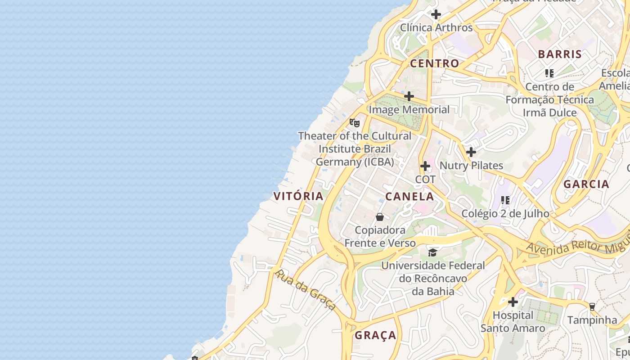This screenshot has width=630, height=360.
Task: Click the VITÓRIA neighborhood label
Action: pos(298,196)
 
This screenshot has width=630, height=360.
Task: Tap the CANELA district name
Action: pos(409,197)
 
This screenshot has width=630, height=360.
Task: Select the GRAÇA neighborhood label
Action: pos(375,335)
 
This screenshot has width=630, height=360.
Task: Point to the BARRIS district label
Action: pos(560,54)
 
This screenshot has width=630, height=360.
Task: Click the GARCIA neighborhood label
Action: pos(586,184)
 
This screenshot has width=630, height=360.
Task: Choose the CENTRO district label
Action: pos(434,63)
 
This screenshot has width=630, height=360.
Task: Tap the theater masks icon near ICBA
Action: pos(355,122)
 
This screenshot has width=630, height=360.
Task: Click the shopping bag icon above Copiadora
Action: pos(380,217)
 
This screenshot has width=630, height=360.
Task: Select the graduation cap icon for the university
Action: pos(432,252)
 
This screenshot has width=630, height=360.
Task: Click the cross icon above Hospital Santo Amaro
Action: pos(513,302)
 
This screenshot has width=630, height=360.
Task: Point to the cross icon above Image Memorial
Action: pos(409,96)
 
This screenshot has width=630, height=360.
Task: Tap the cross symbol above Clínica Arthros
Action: pos(436,14)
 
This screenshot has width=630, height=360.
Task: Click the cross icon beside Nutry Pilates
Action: pos(471,152)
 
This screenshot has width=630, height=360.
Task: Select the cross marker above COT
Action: pos(425,166)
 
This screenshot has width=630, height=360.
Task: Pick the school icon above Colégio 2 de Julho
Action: pos(505,200)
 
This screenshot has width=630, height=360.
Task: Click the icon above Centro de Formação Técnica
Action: pos(549,73)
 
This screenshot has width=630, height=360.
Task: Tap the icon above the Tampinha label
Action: pos(592,307)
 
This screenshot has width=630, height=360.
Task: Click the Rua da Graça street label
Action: pos(305,290)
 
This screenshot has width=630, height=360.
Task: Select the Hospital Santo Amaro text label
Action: pos(513,322)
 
